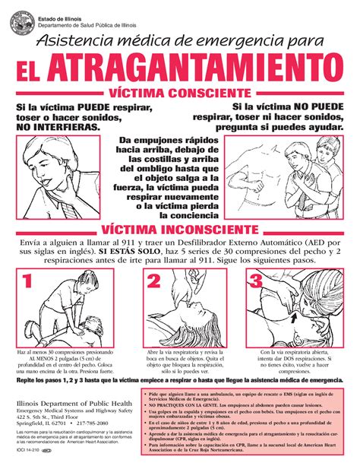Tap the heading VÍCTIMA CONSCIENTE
point(180,94)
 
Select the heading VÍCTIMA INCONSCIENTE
point(180,227)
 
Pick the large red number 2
point(153,282)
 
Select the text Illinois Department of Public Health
point(71,402)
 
